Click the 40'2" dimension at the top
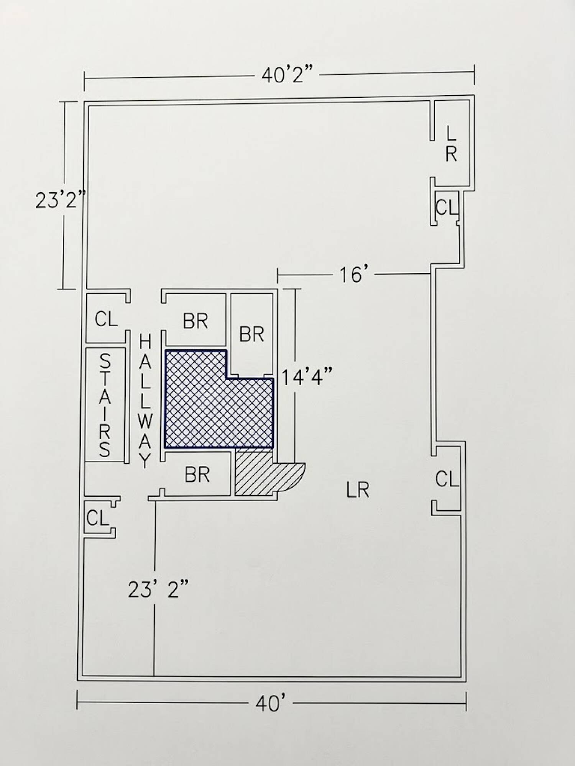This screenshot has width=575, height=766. (x=287, y=75)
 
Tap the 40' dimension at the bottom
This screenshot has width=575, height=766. (x=271, y=704)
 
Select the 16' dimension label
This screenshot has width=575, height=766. (x=351, y=275)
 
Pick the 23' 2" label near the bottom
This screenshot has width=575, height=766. (x=158, y=590)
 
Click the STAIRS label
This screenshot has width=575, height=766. (x=105, y=405)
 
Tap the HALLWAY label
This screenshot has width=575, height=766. (x=145, y=401)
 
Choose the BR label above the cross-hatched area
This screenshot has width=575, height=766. (x=195, y=321)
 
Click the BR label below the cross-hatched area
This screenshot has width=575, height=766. (x=197, y=475)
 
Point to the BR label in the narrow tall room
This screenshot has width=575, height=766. (x=251, y=334)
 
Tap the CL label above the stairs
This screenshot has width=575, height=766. (x=106, y=319)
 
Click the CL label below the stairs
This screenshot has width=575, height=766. (x=98, y=518)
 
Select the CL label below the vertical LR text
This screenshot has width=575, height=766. (x=447, y=208)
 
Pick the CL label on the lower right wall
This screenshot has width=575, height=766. (x=447, y=479)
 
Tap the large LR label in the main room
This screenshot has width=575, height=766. (x=358, y=490)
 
